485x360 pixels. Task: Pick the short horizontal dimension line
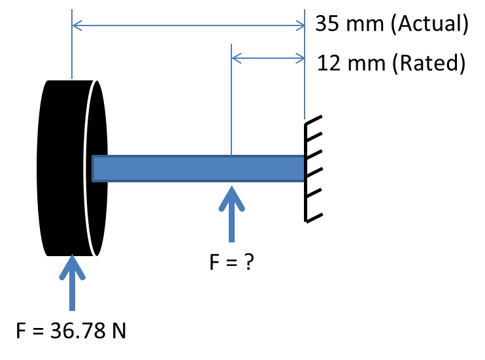[268, 59]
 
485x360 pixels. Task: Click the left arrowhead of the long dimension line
[75, 25]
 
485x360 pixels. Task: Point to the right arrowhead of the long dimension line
[302, 25]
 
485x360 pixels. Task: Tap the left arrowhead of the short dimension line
[235, 59]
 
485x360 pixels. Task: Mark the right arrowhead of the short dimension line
[302, 59]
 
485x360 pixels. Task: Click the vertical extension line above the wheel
[72, 46]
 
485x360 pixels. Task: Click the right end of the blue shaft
[301, 169]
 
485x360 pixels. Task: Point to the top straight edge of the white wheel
[72, 79]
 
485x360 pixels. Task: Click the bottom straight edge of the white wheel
[72, 257]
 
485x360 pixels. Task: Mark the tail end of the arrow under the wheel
[72, 308]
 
